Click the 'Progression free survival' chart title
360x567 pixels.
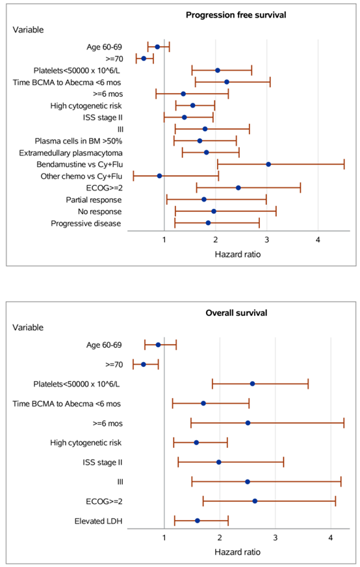[x=236, y=15]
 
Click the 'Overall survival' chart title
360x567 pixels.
[x=237, y=313]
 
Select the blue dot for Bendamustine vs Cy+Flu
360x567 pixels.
[x=268, y=164]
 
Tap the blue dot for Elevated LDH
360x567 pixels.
[x=198, y=521]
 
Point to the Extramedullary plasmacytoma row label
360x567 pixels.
[x=71, y=153]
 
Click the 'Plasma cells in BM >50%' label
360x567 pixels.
[x=79, y=141]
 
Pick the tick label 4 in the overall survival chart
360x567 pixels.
[x=331, y=538]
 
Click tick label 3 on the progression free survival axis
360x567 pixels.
[x=266, y=240]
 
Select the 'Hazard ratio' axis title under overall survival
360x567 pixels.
[x=237, y=552]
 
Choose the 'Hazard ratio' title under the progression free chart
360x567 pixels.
[x=237, y=254]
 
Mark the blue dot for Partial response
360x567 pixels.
[x=204, y=199]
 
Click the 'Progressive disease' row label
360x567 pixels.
[x=86, y=224]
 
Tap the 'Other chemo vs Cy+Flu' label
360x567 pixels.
[x=81, y=176]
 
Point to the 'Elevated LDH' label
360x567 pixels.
[x=98, y=521]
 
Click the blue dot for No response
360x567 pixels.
[x=214, y=211]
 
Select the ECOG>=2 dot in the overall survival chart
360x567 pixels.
[x=255, y=501]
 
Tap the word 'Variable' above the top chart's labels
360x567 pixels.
[x=28, y=30]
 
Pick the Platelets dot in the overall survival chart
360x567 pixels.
[x=252, y=384]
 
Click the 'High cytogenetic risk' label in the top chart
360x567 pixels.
[x=86, y=106]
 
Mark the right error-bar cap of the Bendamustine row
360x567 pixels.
[x=344, y=164]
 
